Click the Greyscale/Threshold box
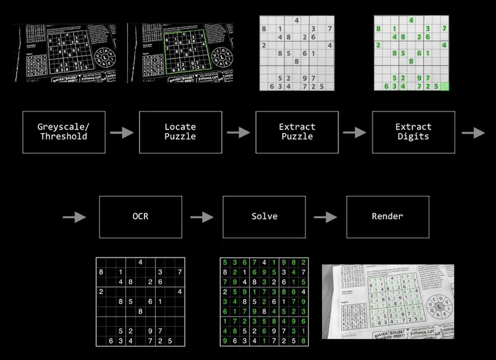coord(64,132)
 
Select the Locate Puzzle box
coord(180,132)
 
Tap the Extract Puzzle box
coord(297,132)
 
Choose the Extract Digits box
coord(413,132)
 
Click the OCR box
coord(140,217)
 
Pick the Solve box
coord(264,217)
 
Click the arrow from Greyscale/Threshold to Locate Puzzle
coord(121,132)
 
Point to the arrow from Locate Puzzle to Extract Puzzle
coord(238,132)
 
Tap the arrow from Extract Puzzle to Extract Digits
coord(355,132)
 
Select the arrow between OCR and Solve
coord(202,217)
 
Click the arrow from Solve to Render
coord(325,217)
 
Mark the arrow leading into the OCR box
coord(74,218)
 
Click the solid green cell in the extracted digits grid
coord(444,86)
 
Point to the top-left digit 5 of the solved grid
coord(224,263)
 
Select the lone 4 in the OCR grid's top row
coord(140,263)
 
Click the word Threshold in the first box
coord(64,136)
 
